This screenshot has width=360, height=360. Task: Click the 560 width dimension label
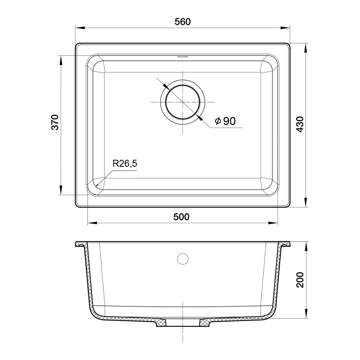(183, 22)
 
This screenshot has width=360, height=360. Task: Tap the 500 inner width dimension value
(181, 217)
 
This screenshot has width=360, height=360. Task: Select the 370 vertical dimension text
(55, 122)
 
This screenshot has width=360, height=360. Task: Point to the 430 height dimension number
(300, 124)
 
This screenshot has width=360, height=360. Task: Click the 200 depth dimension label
(300, 280)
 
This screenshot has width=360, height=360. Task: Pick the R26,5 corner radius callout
(125, 163)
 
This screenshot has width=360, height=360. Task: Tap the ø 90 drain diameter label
(225, 121)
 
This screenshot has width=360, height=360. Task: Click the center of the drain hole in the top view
(183, 102)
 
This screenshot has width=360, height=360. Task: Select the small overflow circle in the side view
(183, 259)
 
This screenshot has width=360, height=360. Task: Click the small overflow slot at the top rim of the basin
(183, 56)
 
